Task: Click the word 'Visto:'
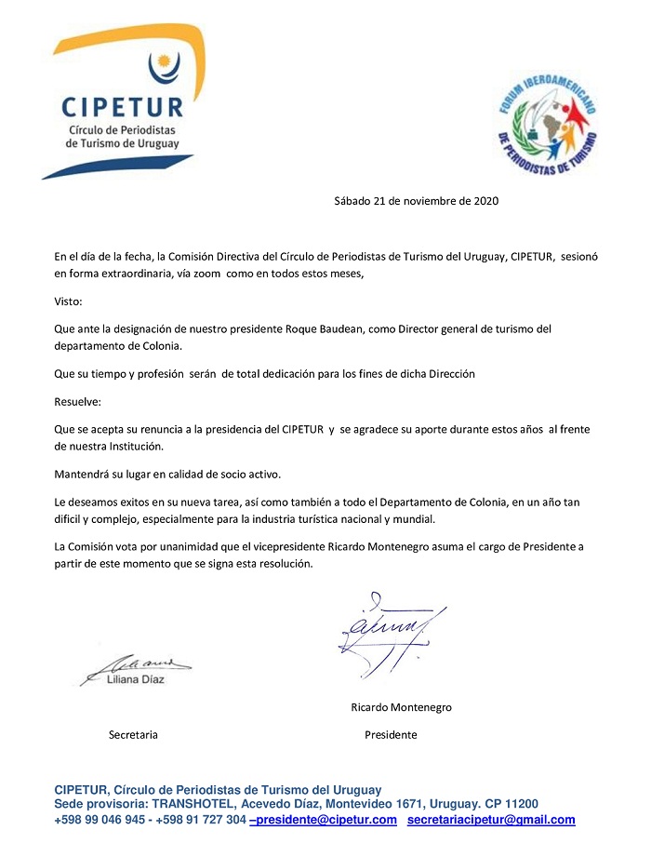68,301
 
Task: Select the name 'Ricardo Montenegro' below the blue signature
401,707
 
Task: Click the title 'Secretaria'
133,735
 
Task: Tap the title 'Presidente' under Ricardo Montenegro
391,735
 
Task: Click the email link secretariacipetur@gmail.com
491,820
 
